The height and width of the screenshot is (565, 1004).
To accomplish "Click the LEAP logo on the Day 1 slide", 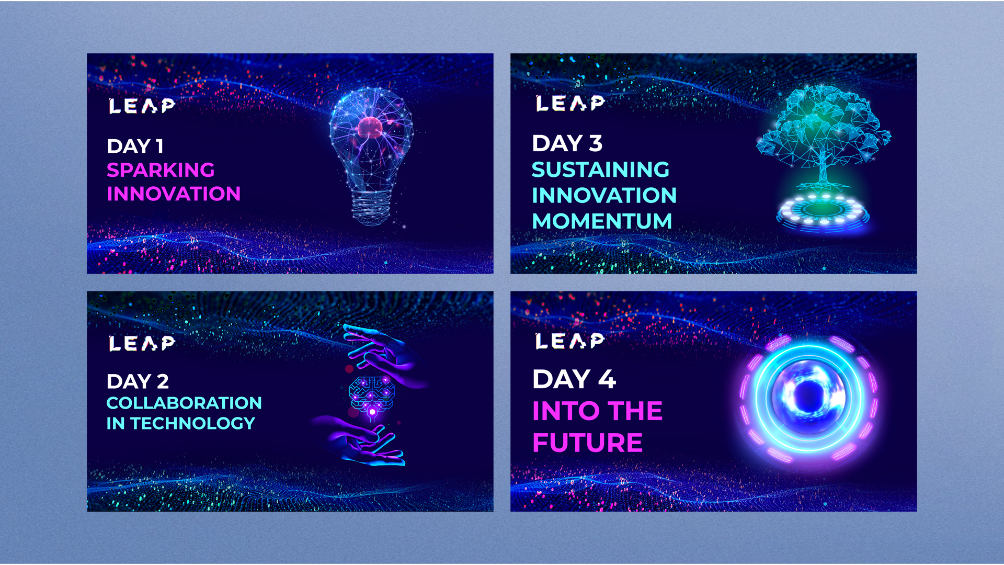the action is [x=142, y=106].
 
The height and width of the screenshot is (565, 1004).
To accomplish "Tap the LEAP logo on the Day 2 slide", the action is [x=142, y=343].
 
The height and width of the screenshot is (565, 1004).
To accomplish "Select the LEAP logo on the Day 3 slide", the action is [x=570, y=103].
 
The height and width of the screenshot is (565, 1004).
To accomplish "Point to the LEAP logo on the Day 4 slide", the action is [x=570, y=341].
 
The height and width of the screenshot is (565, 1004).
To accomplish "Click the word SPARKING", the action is [x=161, y=170].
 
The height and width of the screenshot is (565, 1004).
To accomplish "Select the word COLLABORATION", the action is [x=184, y=403].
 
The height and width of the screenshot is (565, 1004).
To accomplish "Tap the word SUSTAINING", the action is [x=600, y=169].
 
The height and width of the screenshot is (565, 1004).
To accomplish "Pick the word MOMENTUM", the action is [x=602, y=221].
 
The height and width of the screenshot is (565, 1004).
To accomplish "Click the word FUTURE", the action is [x=587, y=443].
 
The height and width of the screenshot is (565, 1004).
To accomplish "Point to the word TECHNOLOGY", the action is [x=192, y=423].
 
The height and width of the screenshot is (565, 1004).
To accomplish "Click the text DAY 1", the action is [x=135, y=146].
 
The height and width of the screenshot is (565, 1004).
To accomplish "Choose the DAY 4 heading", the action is [x=574, y=379].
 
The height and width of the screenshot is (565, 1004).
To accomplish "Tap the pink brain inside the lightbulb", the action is [x=370, y=128].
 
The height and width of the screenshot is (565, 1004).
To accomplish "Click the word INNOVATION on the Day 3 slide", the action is [x=604, y=196].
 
